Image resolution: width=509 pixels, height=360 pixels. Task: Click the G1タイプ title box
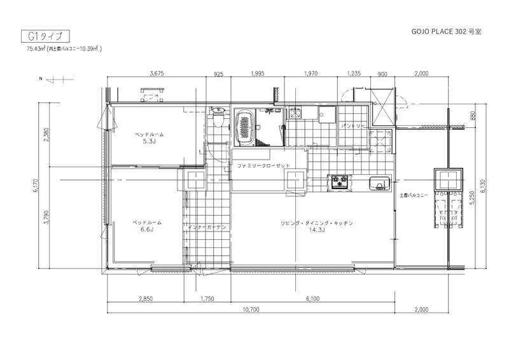(x=45, y=36)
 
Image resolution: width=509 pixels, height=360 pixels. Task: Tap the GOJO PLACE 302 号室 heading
(x=447, y=32)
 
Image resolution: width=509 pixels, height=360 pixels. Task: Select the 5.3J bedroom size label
(x=150, y=141)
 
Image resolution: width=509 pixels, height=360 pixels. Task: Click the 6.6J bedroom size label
(x=147, y=230)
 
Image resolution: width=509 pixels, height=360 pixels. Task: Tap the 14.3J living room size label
(x=317, y=230)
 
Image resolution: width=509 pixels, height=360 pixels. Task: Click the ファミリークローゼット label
(x=263, y=165)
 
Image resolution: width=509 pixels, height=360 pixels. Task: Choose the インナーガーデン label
(x=207, y=227)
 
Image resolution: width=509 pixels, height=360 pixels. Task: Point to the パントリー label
(x=353, y=126)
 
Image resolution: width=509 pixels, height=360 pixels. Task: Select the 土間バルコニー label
(x=414, y=195)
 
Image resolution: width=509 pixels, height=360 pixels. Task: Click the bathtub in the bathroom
(x=245, y=128)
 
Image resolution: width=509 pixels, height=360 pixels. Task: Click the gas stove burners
(x=340, y=181)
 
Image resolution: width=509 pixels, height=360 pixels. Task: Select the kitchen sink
(x=379, y=183)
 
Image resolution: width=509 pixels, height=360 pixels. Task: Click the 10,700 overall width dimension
(x=251, y=309)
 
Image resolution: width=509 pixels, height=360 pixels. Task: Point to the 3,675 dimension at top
(x=157, y=73)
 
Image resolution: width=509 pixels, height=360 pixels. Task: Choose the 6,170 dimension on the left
(x=36, y=186)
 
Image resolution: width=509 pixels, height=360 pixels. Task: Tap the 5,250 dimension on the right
(x=472, y=197)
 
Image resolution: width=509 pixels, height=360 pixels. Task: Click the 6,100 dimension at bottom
(x=312, y=299)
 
